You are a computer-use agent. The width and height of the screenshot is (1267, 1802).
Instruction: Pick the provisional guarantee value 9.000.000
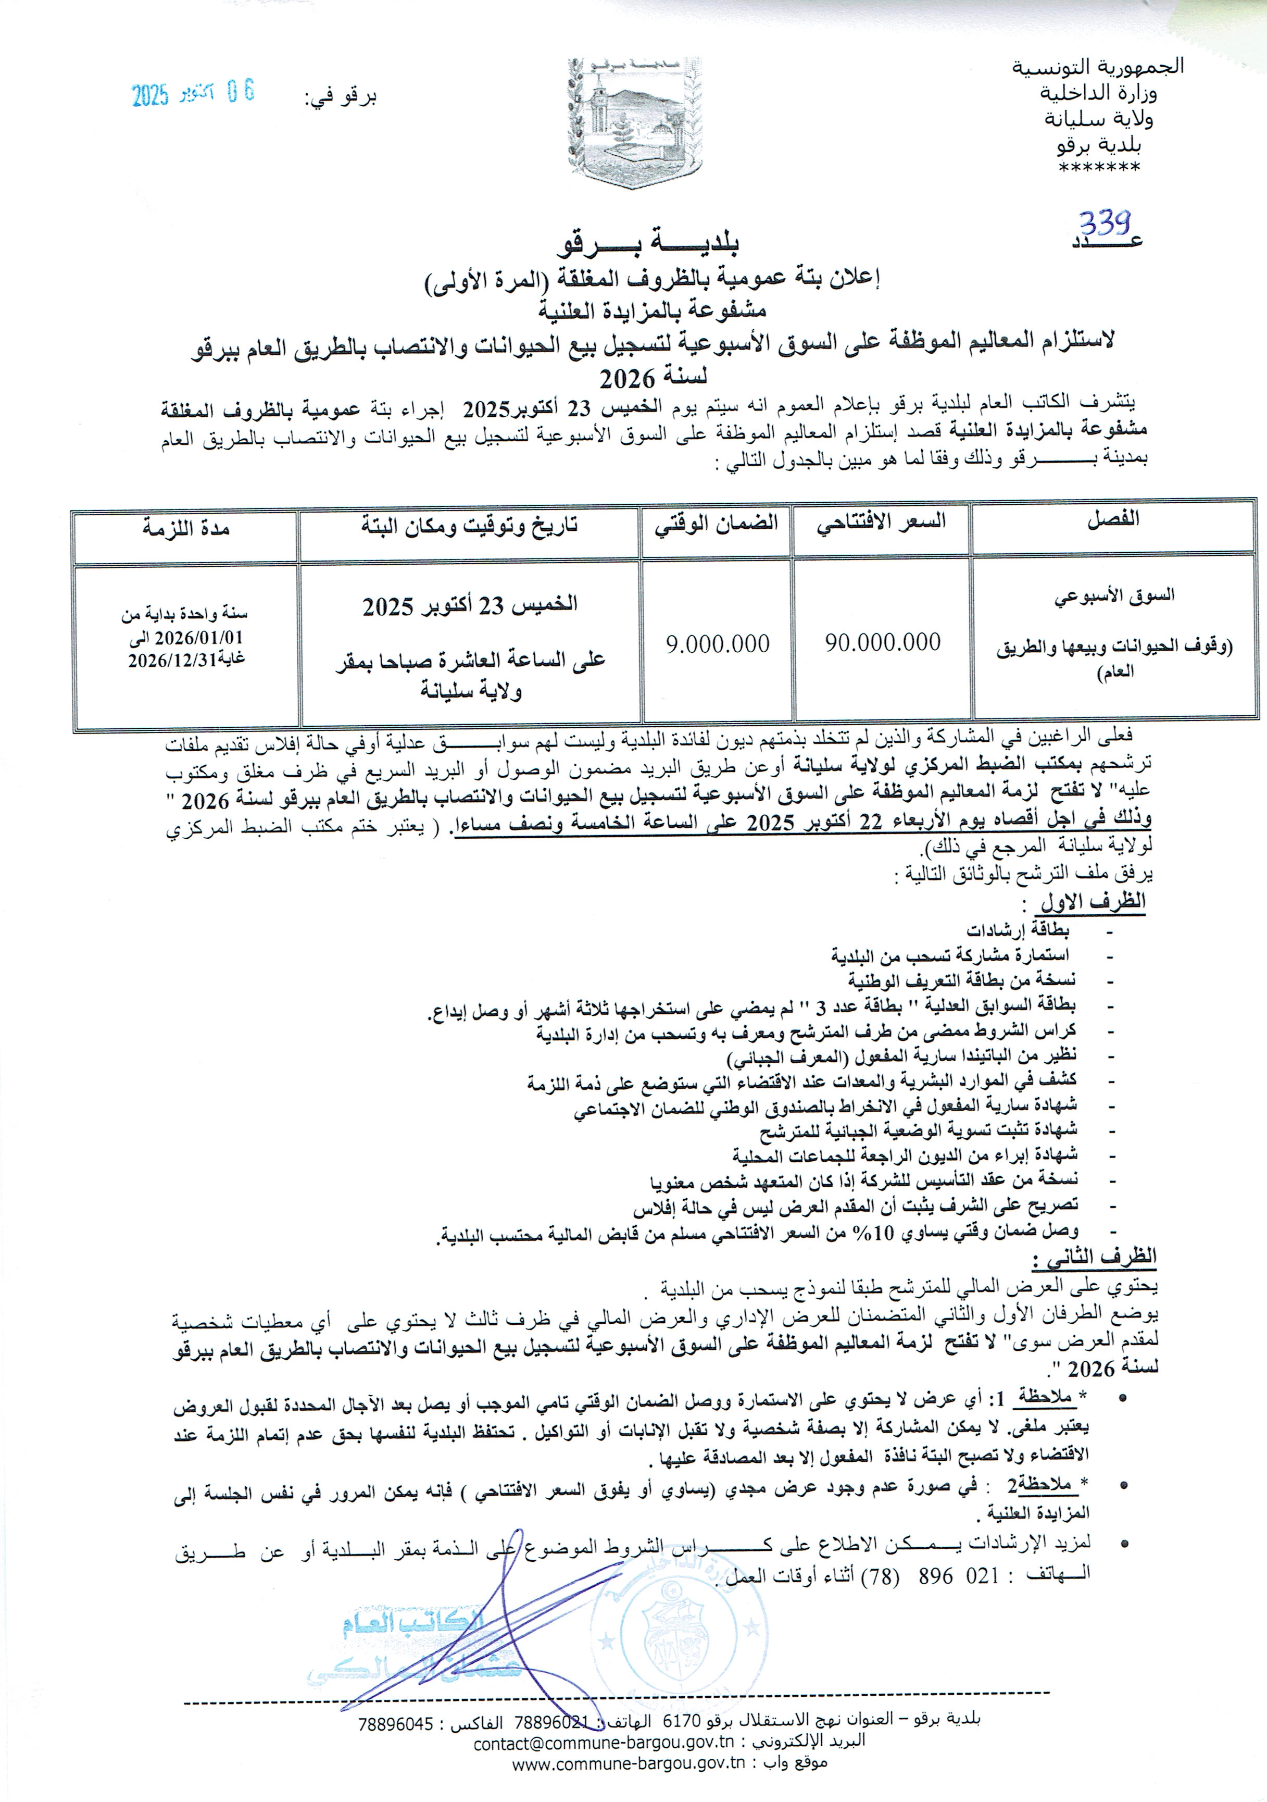click(x=717, y=644)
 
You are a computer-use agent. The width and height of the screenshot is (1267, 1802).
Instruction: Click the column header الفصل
click(x=1112, y=519)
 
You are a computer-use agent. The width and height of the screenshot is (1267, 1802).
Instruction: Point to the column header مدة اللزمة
click(x=185, y=528)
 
